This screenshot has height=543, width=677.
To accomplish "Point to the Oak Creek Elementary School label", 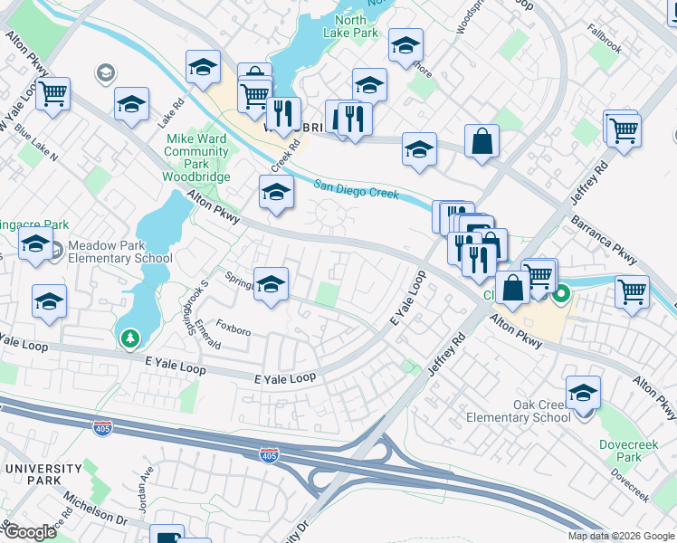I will click(x=518, y=411).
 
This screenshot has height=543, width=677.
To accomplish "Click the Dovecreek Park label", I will click(x=620, y=451).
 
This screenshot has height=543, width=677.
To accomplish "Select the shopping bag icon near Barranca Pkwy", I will click(x=482, y=141).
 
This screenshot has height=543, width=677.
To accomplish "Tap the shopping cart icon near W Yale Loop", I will click(x=53, y=93).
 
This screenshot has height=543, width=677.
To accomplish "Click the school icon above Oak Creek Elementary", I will click(x=584, y=392).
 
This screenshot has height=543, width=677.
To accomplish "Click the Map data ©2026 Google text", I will click(x=622, y=536).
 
